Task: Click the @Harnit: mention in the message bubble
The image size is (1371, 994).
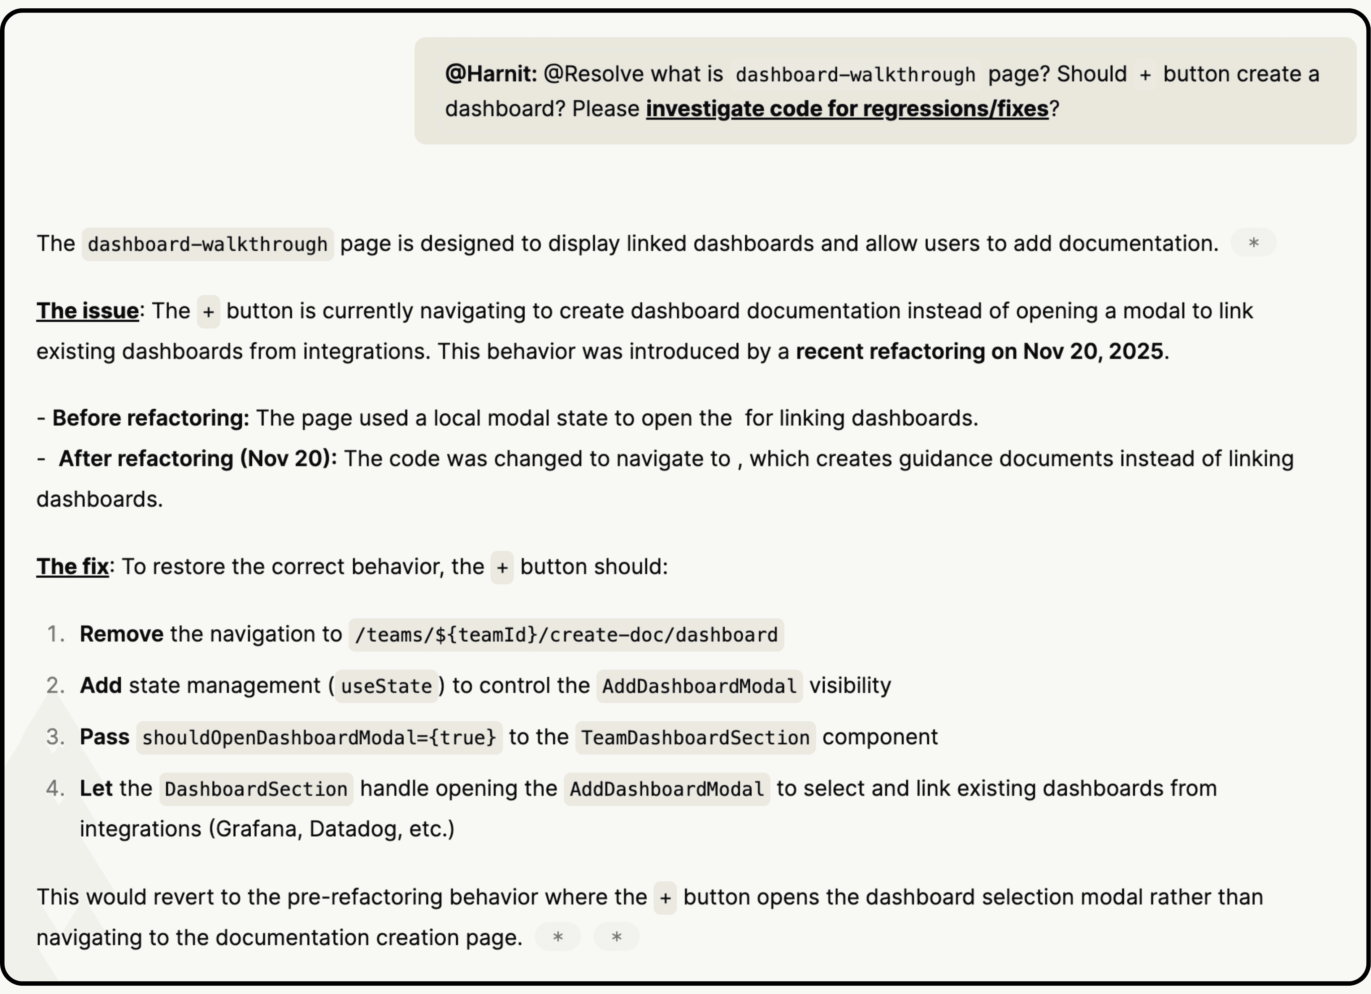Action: (490, 74)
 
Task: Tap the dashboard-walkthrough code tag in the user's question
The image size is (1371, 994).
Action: (855, 74)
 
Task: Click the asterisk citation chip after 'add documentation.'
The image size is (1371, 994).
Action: (1253, 243)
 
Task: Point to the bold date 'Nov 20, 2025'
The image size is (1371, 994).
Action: (1093, 351)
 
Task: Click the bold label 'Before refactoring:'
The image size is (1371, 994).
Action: (151, 418)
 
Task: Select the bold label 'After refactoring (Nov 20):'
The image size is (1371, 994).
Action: (198, 458)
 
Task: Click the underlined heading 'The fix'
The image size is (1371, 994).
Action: (73, 567)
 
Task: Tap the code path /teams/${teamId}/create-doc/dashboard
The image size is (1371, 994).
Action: (566, 635)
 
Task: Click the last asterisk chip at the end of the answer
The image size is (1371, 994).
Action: (616, 937)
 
